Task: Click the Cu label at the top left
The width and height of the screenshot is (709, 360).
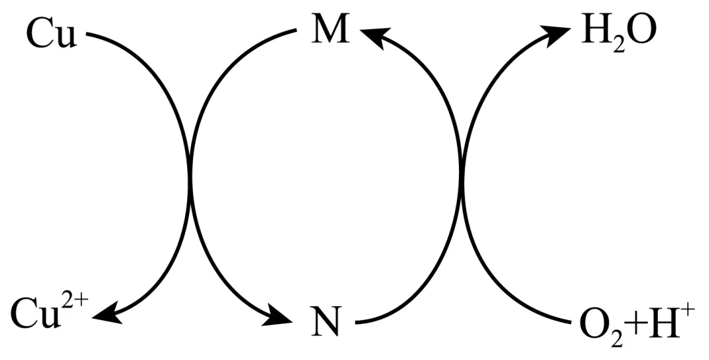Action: point(52,35)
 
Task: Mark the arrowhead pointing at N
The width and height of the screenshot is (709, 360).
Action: point(283,319)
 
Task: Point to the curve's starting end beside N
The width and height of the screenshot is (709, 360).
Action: point(355,323)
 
